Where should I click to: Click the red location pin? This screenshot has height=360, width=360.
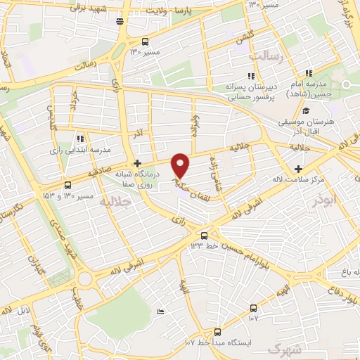pyautogui.click(x=181, y=165)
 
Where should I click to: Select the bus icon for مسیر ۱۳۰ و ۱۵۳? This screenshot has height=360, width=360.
pyautogui.click(x=67, y=185)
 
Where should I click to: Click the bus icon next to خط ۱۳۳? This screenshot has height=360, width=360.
pyautogui.click(x=204, y=236)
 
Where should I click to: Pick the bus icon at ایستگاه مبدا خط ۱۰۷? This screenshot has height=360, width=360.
pyautogui.click(x=217, y=331)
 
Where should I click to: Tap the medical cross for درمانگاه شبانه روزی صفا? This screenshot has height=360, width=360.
pyautogui.click(x=146, y=163)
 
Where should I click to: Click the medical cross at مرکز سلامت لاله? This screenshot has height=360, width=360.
pyautogui.click(x=299, y=169)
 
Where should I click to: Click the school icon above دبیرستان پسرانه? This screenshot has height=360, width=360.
pyautogui.click(x=250, y=75)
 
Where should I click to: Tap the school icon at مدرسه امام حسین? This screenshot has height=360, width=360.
pyautogui.click(x=309, y=74)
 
